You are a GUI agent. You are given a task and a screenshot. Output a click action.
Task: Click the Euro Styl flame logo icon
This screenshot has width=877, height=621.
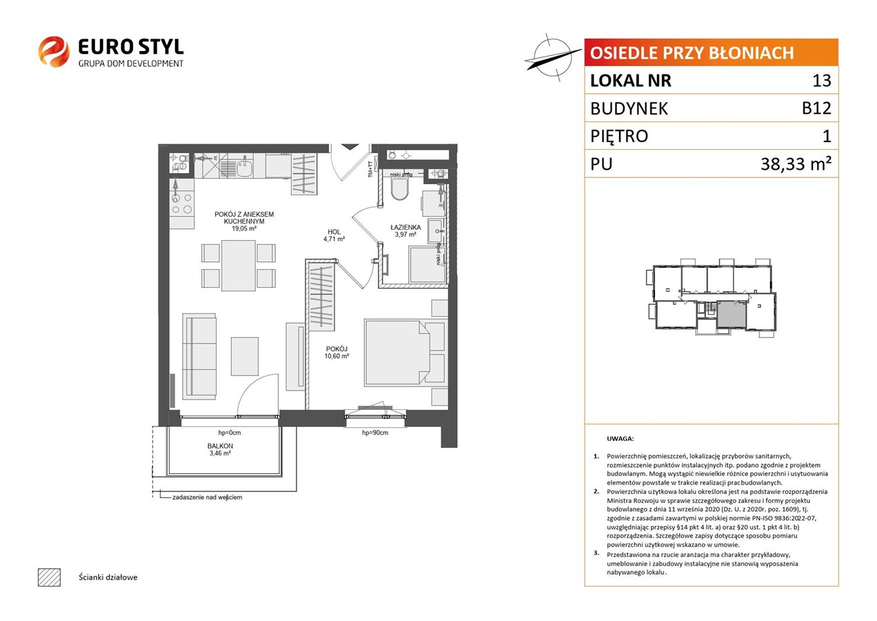[x=54, y=51]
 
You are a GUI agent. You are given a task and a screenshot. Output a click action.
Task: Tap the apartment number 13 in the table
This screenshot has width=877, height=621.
[x=821, y=81]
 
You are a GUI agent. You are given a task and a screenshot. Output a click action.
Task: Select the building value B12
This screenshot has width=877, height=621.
[x=816, y=108]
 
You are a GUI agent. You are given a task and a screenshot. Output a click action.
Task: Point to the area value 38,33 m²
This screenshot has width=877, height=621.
[x=796, y=164]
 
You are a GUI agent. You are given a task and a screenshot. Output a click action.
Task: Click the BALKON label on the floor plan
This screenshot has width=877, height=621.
[x=220, y=446]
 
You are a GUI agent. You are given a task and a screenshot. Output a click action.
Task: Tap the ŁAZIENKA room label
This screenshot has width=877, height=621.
[x=405, y=227]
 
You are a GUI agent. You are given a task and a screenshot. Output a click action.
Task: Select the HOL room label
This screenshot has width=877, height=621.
[x=334, y=232]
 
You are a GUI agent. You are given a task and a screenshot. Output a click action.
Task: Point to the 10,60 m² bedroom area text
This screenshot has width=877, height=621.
[x=336, y=356]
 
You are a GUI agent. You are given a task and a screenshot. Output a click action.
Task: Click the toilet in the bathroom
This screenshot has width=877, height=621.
[x=400, y=190]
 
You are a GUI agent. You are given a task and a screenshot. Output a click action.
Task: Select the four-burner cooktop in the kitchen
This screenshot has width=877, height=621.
[x=181, y=204]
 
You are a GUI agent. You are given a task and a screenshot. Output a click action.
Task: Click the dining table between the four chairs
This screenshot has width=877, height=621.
[x=239, y=265]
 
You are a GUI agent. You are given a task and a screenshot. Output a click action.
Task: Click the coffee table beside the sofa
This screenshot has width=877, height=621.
[x=245, y=356]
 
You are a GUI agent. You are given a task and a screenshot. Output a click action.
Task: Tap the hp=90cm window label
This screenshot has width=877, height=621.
[x=375, y=433]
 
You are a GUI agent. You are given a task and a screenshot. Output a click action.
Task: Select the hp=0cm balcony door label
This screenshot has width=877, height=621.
[x=230, y=433]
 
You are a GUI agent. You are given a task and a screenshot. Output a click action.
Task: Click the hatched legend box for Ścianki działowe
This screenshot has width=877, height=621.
[x=50, y=577]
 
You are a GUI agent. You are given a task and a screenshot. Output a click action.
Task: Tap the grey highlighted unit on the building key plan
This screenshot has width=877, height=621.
[x=732, y=314]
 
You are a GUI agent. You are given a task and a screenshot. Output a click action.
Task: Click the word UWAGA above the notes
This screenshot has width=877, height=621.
[x=620, y=439]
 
